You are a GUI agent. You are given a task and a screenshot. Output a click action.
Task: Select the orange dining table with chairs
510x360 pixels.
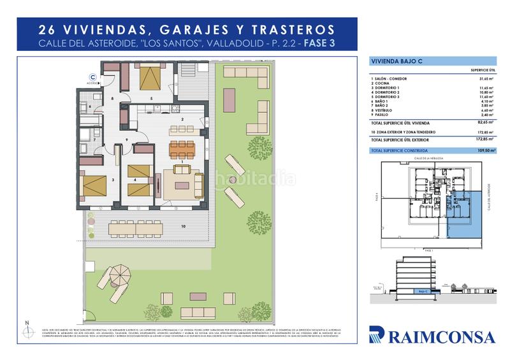point(183,148)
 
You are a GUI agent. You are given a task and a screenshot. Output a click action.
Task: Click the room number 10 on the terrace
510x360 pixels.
point(182,226)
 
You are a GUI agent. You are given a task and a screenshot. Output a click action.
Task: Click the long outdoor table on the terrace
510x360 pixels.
point(136,226)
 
